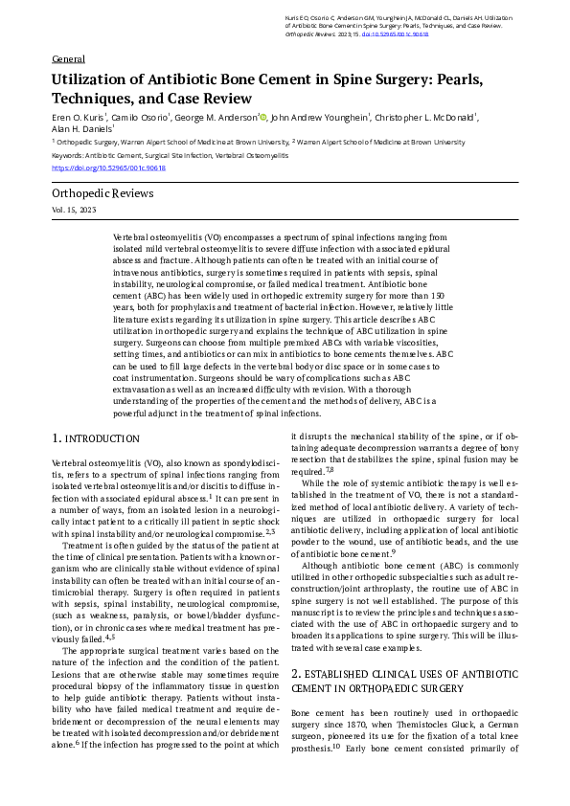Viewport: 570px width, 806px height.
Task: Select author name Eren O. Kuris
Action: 80,118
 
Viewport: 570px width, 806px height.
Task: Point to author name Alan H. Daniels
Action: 80,129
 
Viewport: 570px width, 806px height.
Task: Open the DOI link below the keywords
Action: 108,168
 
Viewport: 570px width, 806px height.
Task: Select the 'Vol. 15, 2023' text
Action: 74,209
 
